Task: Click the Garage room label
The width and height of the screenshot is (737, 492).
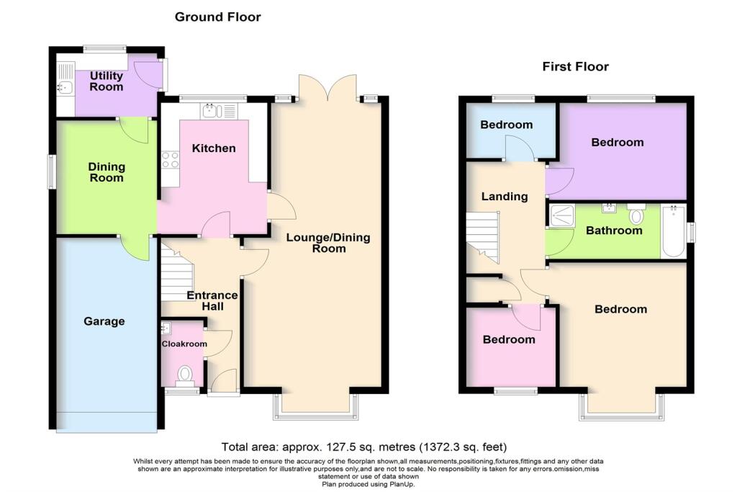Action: (x=104, y=321)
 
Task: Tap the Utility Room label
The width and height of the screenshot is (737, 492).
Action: (x=106, y=81)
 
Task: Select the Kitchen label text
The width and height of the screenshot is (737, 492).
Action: (x=214, y=148)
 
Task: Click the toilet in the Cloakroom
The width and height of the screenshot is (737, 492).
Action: (x=185, y=375)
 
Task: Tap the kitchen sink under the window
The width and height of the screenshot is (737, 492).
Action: (x=212, y=111)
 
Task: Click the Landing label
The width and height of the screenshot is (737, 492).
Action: (x=505, y=196)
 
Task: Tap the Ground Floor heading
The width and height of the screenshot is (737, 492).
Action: (x=217, y=17)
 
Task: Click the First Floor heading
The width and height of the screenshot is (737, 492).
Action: (x=575, y=67)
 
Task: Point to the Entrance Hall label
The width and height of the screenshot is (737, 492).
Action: (x=212, y=300)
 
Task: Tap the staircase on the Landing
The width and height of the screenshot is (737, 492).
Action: (x=482, y=238)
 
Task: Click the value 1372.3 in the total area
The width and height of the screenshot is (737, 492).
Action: (x=448, y=447)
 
